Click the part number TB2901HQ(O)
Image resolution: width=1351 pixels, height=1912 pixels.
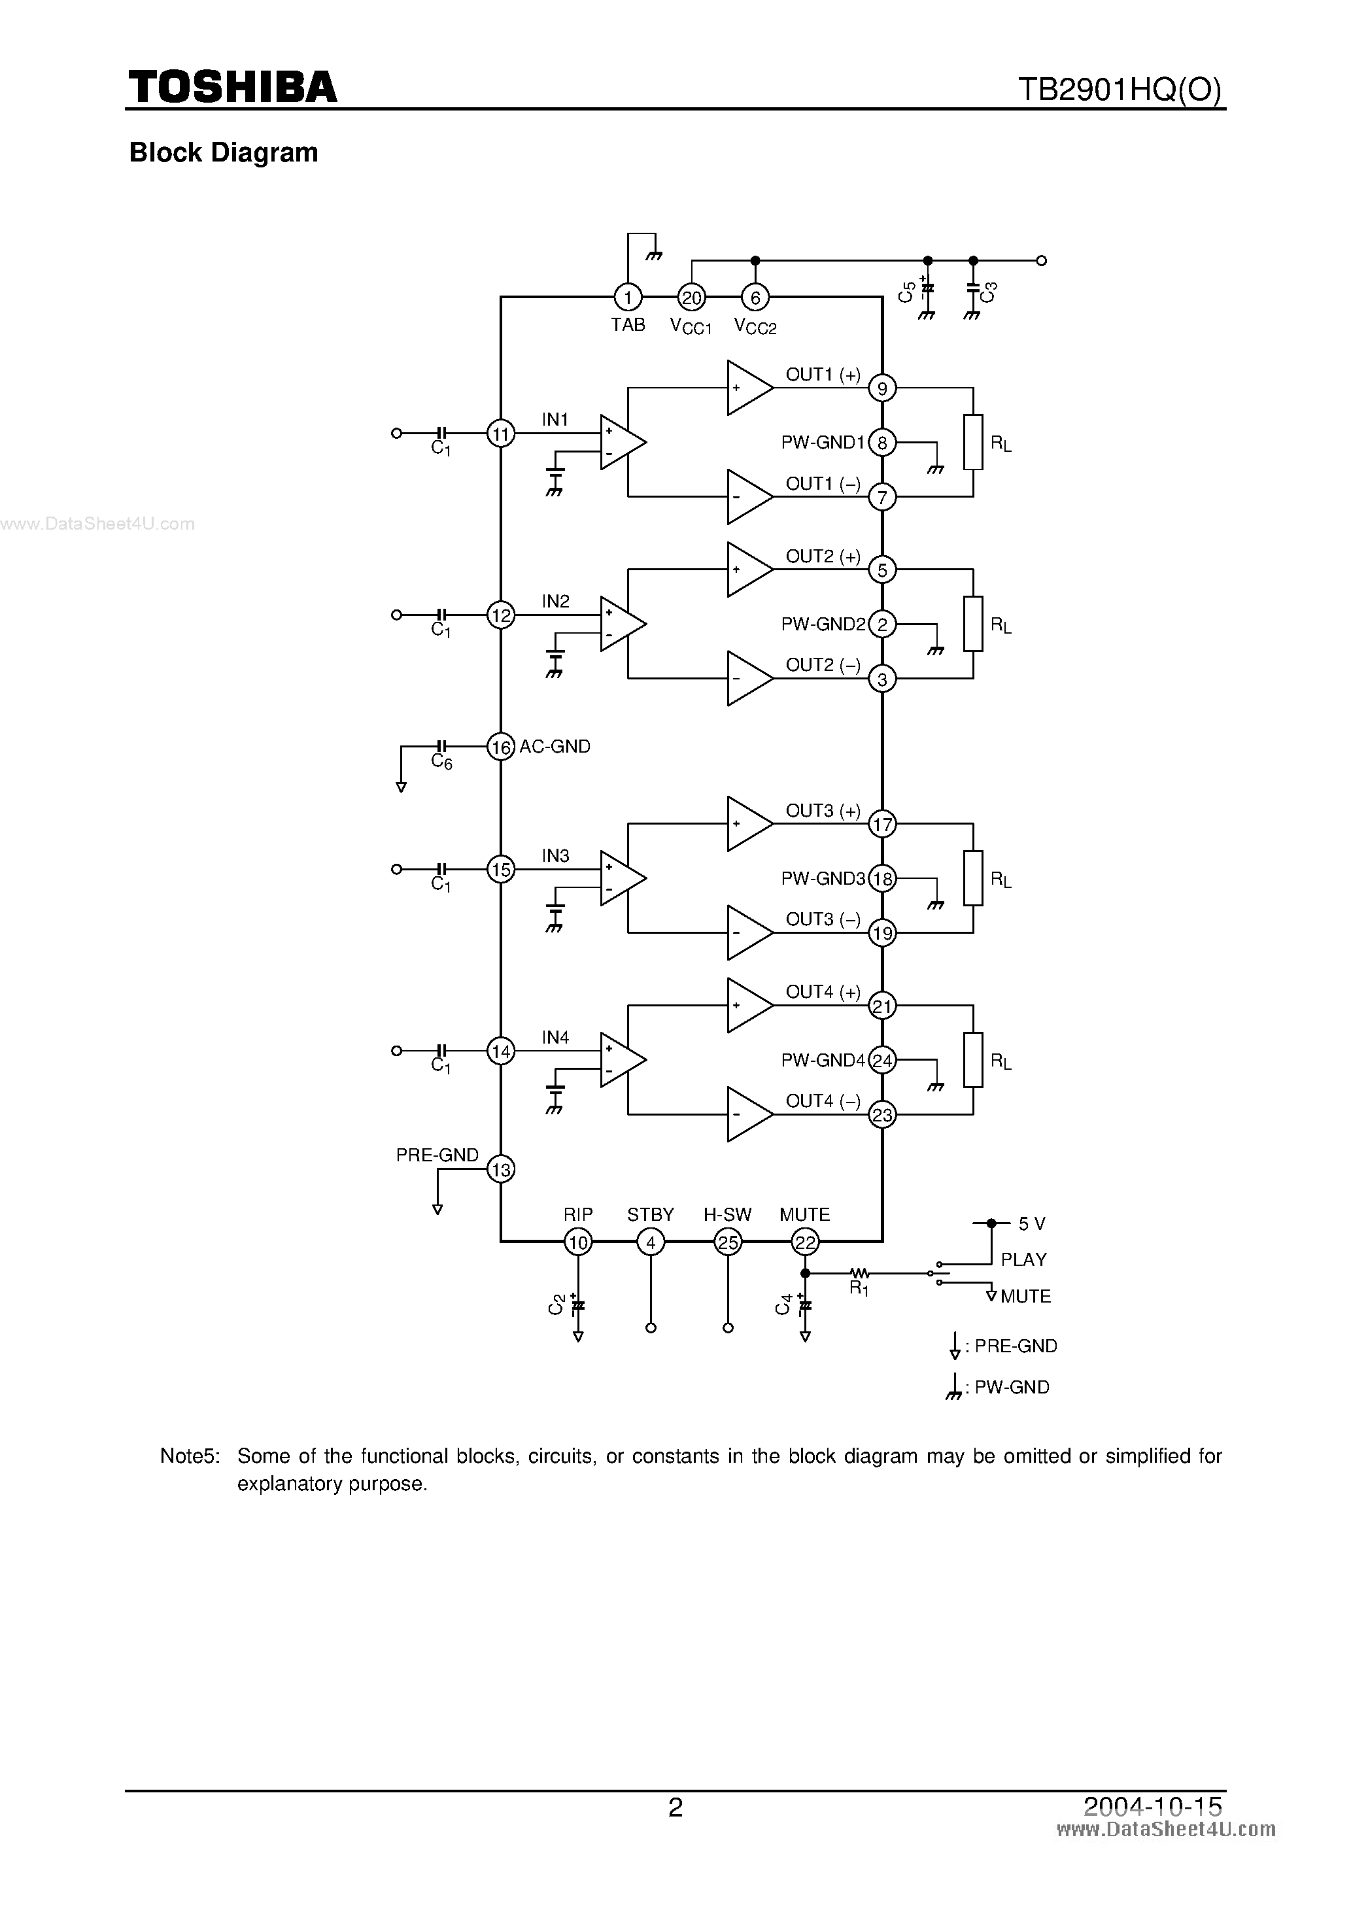click(1120, 89)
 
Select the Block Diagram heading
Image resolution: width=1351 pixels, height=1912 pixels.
click(223, 152)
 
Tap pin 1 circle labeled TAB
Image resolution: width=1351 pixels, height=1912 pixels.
click(627, 298)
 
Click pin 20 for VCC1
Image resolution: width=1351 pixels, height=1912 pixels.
click(691, 298)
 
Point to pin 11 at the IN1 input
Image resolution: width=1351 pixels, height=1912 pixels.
click(501, 433)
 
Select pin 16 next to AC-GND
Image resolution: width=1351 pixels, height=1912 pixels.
click(501, 747)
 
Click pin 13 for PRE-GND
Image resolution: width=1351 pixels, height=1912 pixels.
click(501, 1170)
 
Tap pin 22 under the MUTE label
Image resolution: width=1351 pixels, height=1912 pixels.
click(804, 1242)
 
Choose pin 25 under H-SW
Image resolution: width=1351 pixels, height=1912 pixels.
click(728, 1242)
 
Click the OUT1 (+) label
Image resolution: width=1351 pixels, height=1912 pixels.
click(823, 375)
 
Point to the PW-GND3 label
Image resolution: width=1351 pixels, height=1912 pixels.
click(823, 879)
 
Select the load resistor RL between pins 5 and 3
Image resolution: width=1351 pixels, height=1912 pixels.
click(973, 624)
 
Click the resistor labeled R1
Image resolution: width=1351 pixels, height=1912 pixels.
click(859, 1272)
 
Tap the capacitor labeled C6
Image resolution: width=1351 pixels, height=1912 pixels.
click(442, 746)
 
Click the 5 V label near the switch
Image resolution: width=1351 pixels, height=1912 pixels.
click(1032, 1223)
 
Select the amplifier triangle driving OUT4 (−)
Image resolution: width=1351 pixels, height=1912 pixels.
click(749, 1114)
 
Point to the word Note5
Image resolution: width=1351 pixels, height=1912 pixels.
click(190, 1456)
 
